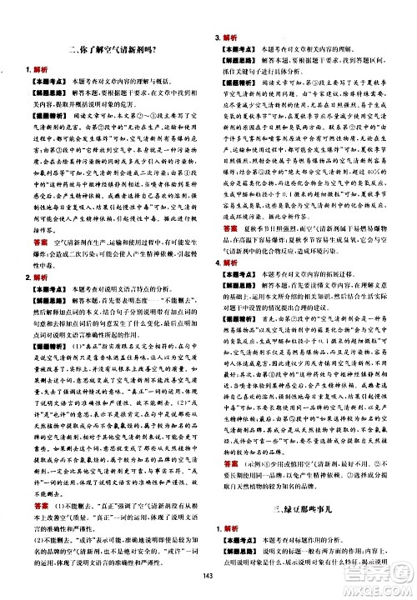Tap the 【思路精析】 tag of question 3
tap(241, 72)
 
